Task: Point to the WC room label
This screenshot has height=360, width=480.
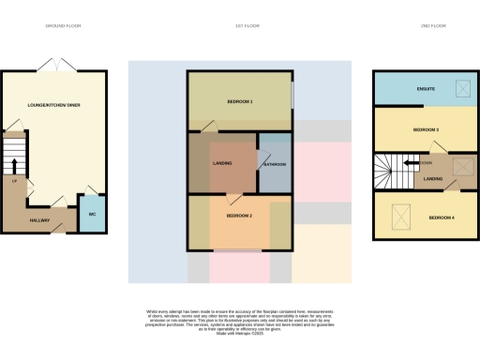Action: point(92,215)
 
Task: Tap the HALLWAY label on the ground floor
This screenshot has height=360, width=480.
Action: point(39,220)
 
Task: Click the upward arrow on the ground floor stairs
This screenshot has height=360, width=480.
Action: point(14,167)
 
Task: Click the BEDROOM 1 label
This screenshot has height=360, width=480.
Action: point(239,100)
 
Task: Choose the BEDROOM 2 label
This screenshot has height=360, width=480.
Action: point(239,216)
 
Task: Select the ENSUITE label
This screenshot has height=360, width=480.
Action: point(426,88)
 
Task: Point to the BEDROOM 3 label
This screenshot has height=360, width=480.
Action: point(426,128)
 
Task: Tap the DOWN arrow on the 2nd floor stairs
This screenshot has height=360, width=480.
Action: point(412,163)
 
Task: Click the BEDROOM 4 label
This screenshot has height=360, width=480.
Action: point(441,217)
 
